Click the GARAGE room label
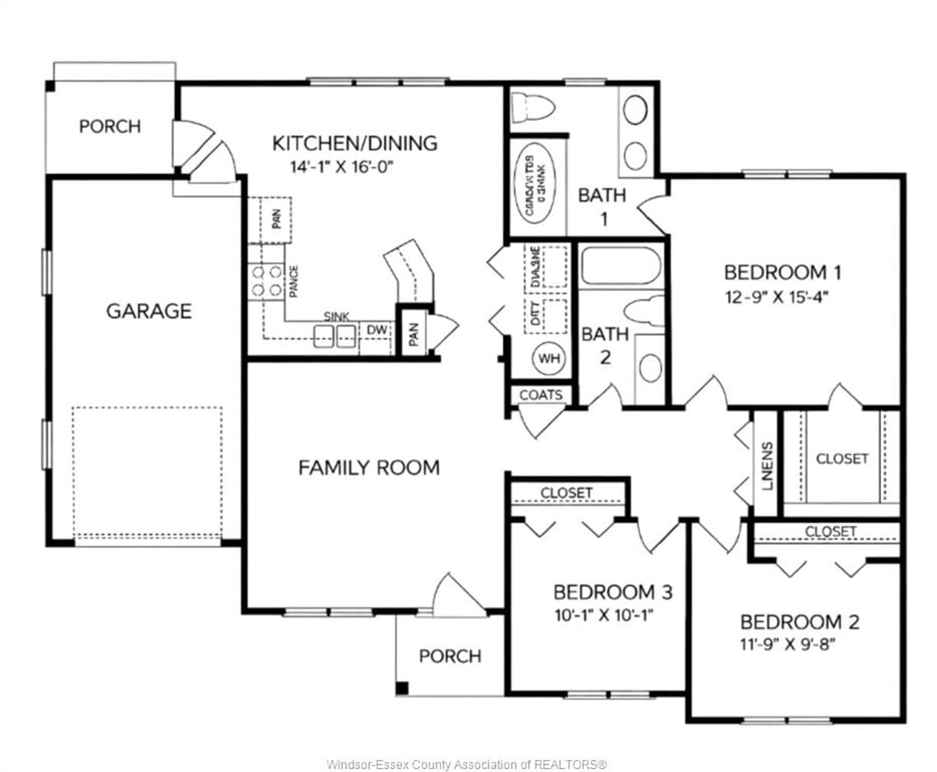[x=149, y=311]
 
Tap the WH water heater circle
[x=549, y=358]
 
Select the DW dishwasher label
[x=376, y=330]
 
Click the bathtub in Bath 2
[x=621, y=266]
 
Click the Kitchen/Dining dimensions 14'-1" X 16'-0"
[x=342, y=167]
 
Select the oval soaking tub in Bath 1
[x=534, y=184]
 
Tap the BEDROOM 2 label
[x=799, y=622]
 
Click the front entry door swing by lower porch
[x=458, y=596]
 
